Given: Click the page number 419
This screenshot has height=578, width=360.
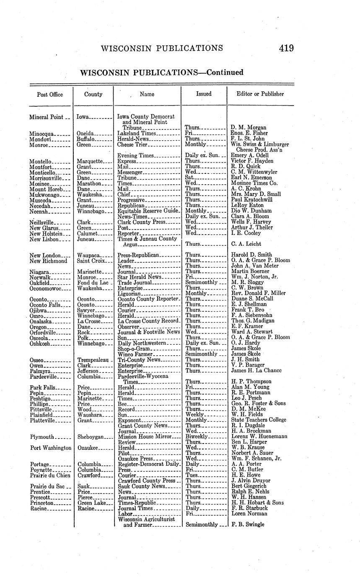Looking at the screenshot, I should (x=286, y=48).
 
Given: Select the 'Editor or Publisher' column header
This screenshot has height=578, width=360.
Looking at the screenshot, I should (x=260, y=94).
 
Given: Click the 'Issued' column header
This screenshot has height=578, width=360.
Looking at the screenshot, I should (x=204, y=94).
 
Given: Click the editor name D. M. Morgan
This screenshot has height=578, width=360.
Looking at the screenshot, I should (x=249, y=127).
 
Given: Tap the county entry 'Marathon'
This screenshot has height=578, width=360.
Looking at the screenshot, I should (x=89, y=183).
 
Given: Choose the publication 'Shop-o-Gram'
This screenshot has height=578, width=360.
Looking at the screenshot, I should (x=134, y=348).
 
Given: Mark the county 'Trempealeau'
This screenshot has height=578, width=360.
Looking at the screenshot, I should (x=93, y=360).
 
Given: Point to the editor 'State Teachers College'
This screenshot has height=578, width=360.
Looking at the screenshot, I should (x=259, y=420).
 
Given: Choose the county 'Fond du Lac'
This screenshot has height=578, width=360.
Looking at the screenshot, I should (x=93, y=282).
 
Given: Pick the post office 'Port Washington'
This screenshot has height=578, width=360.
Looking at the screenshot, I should (x=51, y=448).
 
